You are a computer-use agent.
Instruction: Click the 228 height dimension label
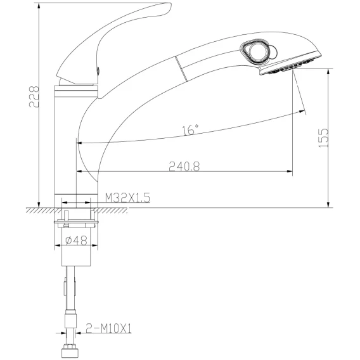click(34, 97)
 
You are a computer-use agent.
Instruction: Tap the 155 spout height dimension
click(324, 138)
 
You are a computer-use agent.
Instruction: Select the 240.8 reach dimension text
click(184, 167)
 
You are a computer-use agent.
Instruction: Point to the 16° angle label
click(190, 130)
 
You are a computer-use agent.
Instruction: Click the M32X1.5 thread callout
click(127, 198)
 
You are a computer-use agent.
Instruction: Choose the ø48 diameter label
click(77, 241)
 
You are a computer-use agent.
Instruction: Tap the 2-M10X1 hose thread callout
click(108, 328)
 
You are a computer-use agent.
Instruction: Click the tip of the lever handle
click(170, 5)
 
